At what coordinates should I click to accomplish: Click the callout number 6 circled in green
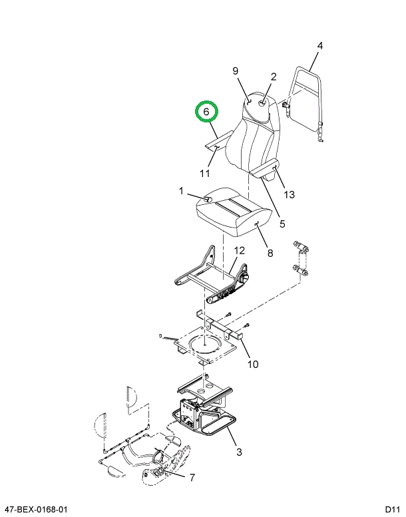206,112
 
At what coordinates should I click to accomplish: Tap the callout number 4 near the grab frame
319,46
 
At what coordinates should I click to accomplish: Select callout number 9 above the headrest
235,71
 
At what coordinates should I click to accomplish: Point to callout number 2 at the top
273,77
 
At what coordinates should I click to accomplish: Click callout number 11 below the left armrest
206,174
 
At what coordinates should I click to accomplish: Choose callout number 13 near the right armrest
289,194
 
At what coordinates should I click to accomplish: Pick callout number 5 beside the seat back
282,224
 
